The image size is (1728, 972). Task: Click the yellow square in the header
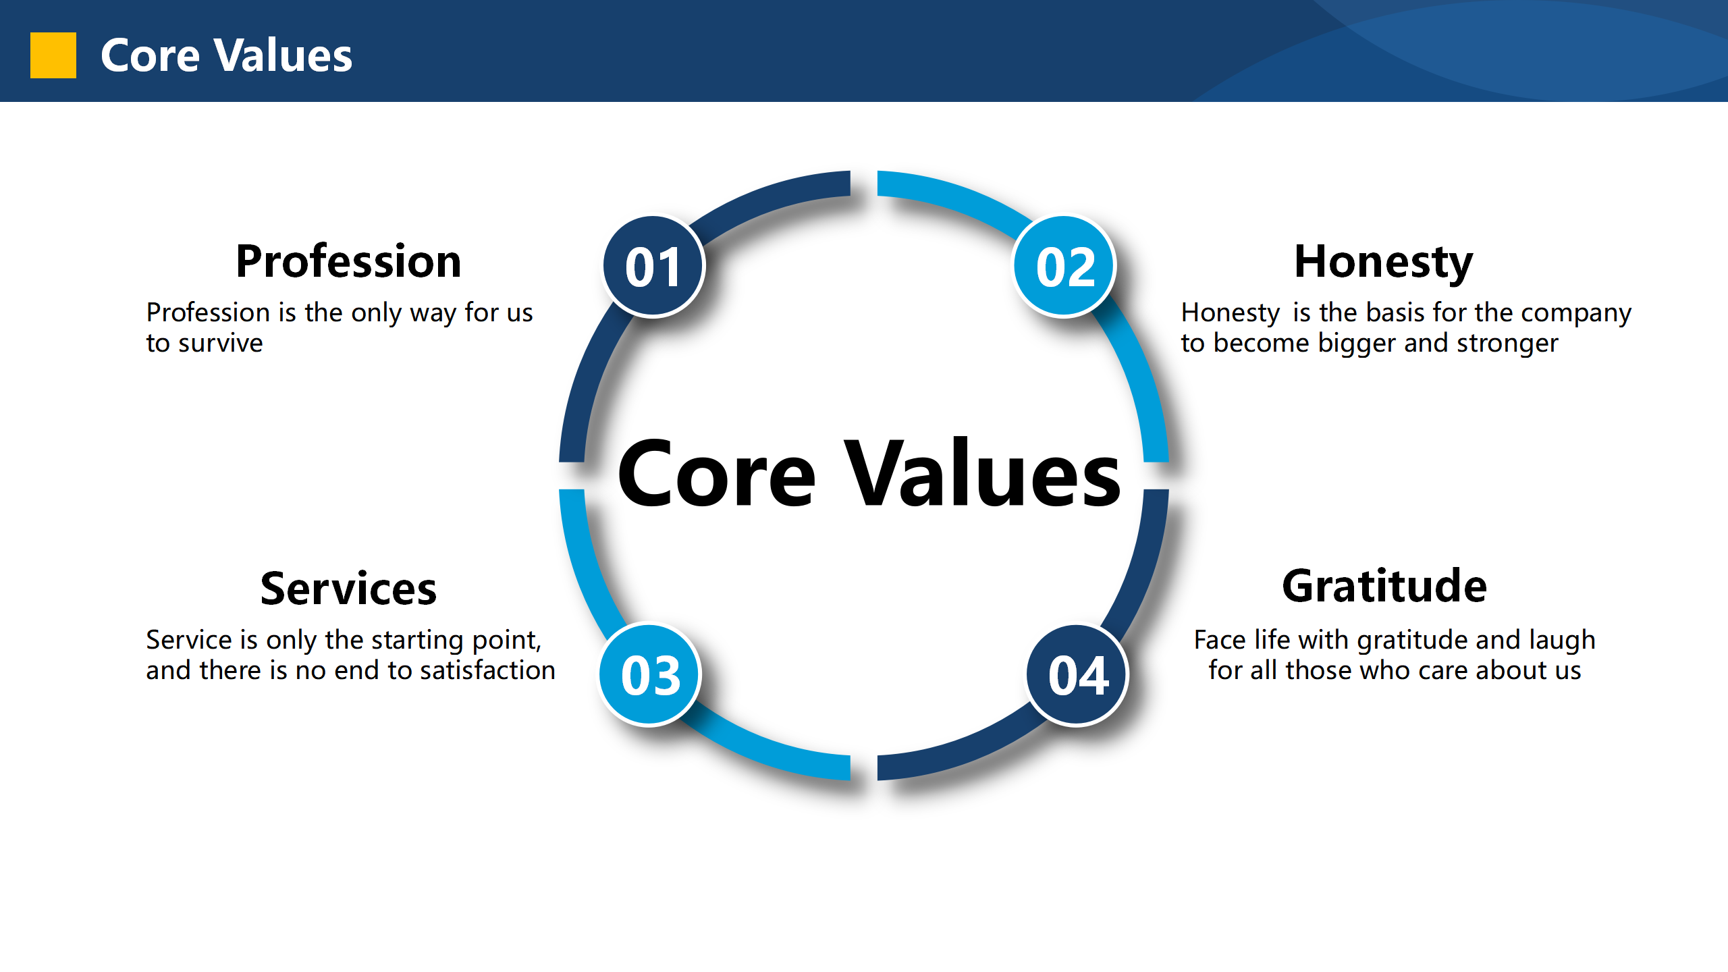coord(53,55)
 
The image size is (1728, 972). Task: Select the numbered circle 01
coord(653,266)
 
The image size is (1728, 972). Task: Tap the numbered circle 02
coord(1064,266)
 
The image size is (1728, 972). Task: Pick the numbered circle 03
coord(650,674)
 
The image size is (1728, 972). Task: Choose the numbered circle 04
coord(1077,674)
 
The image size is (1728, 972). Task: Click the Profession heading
coord(348,261)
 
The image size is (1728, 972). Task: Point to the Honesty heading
coord(1384,263)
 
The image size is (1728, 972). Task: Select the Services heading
coord(348,589)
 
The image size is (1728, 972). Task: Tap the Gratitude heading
coord(1384,586)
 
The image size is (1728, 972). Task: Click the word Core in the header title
coord(150,55)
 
